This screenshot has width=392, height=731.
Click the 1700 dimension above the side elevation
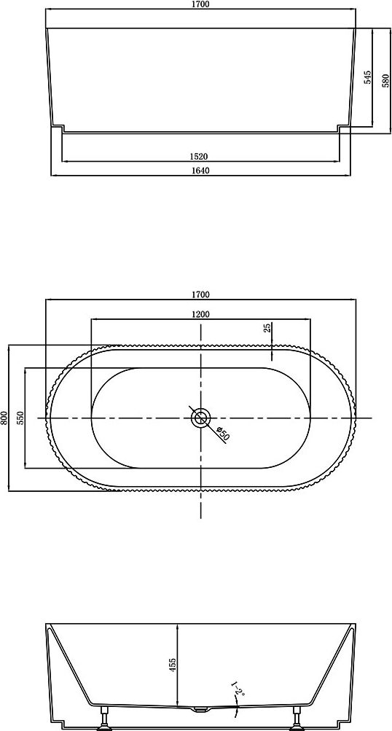(x=200, y=4)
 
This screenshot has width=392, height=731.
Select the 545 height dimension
(x=367, y=77)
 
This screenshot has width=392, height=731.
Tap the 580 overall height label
(x=385, y=80)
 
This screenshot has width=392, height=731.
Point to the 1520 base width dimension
(x=200, y=157)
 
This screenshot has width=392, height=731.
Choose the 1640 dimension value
(x=200, y=171)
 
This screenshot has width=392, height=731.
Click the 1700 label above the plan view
(x=200, y=294)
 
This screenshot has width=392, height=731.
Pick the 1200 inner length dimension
(x=200, y=314)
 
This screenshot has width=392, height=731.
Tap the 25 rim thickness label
(x=267, y=328)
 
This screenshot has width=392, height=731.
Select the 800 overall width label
(x=4, y=418)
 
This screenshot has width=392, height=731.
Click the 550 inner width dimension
(x=20, y=418)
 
